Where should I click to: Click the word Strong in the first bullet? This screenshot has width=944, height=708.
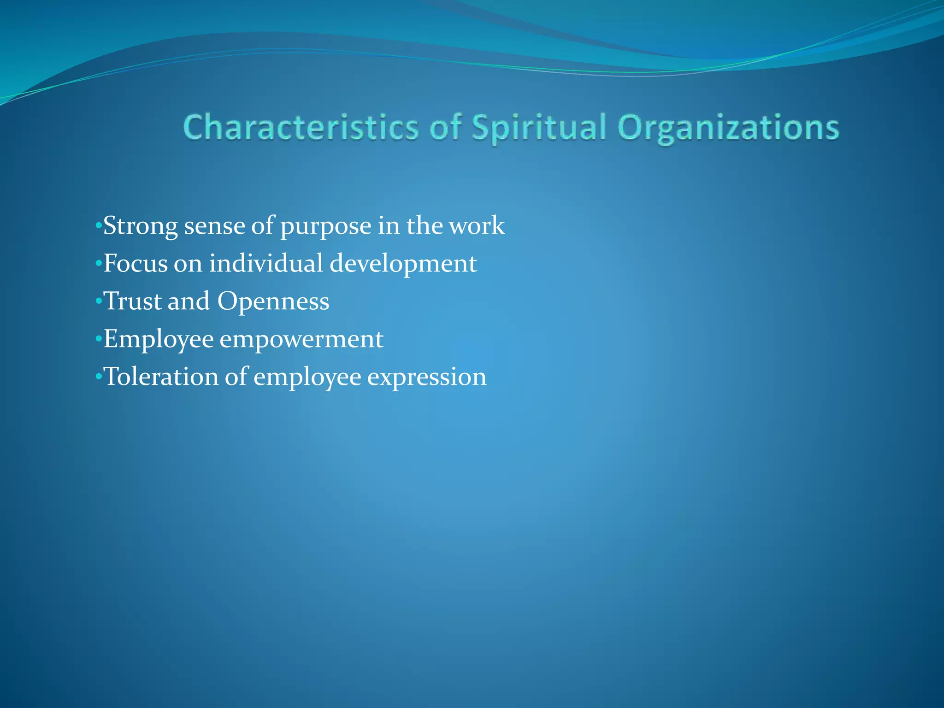[141, 226]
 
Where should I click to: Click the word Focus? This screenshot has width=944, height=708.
[136, 264]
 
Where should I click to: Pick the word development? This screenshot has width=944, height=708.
[403, 264]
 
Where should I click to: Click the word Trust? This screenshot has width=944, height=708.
[132, 301]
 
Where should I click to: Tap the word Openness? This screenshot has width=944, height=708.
[273, 301]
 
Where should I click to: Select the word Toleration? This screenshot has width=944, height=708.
[161, 377]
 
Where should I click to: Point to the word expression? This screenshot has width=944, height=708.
[427, 377]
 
